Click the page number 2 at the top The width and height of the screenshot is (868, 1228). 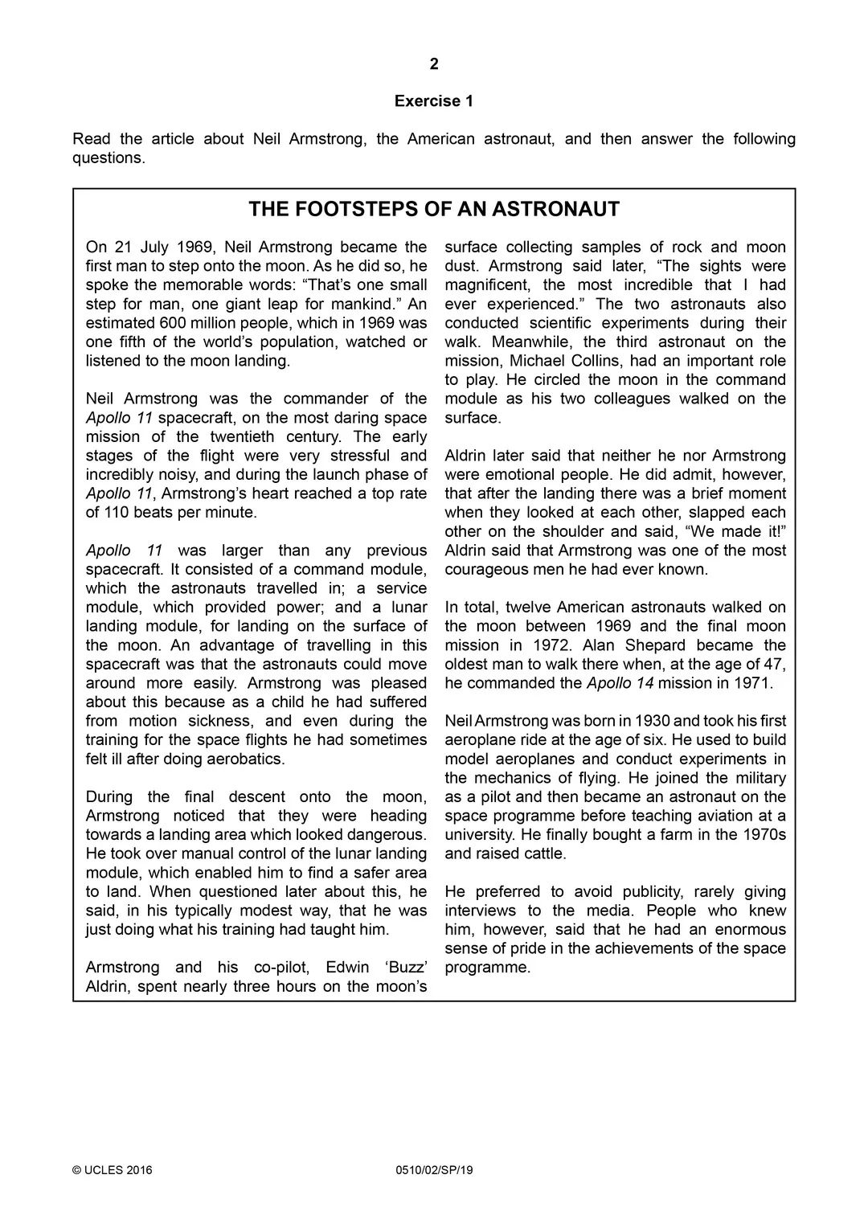(434, 64)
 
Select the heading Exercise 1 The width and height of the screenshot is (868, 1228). (434, 101)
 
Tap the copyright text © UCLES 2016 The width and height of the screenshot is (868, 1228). (113, 1170)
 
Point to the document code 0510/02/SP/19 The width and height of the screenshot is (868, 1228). (435, 1170)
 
